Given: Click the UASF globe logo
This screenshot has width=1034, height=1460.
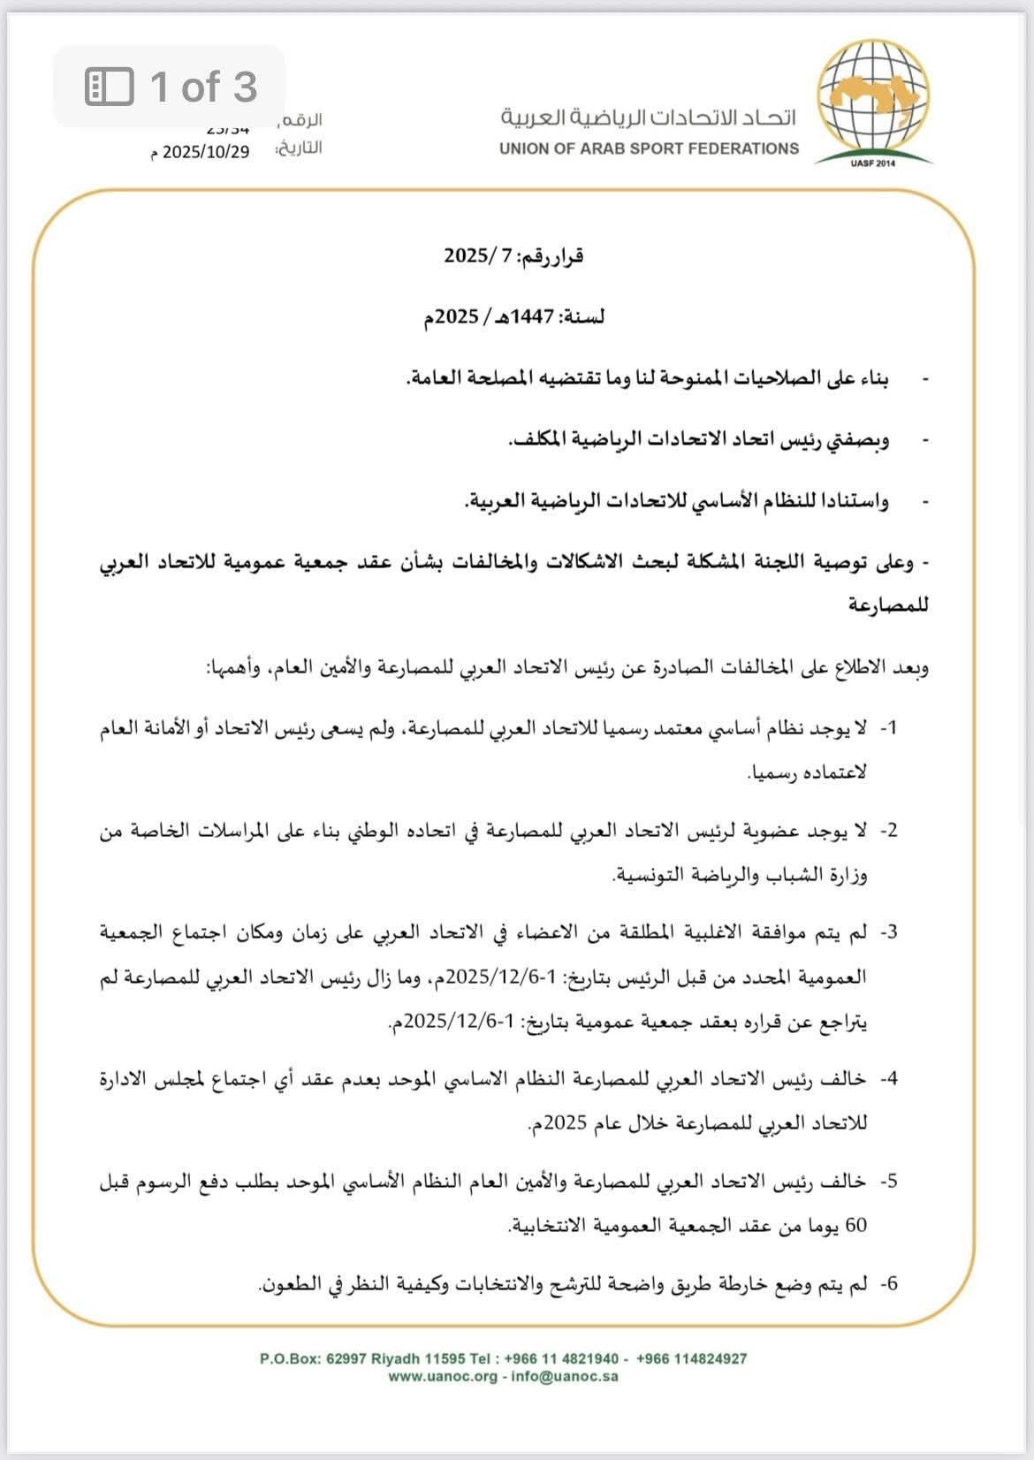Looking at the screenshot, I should pos(873,103).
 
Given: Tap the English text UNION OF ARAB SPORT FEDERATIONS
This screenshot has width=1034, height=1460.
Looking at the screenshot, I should pos(649,148).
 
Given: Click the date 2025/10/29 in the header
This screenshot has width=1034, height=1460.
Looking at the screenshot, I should pos(206,151).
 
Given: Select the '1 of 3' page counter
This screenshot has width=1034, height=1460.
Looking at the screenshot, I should pos(203,87).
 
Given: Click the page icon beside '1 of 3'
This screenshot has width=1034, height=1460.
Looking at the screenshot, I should pos(109,87).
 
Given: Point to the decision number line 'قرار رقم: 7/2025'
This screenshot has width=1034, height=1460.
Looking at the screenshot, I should pos(513,256).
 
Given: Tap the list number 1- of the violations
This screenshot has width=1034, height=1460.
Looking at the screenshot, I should pos(887,727).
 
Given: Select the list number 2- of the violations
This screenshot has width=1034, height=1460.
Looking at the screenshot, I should pos(887,830).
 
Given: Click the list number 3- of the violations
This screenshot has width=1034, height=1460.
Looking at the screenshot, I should pos(887,932).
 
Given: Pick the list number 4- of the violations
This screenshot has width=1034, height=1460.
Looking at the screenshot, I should pos(887,1078).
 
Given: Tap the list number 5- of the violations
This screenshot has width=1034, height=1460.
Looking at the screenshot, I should pos(887,1181).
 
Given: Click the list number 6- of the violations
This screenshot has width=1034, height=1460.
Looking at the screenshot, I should pos(887,1282).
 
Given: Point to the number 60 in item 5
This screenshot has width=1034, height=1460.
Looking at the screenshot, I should pos(856,1226).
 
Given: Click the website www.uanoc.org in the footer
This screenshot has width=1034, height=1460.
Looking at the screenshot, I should pos(443,1376).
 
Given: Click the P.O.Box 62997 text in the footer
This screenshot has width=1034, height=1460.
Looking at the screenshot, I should pos(309,1358).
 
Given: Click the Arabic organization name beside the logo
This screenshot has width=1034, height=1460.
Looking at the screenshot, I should pos(650,118).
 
